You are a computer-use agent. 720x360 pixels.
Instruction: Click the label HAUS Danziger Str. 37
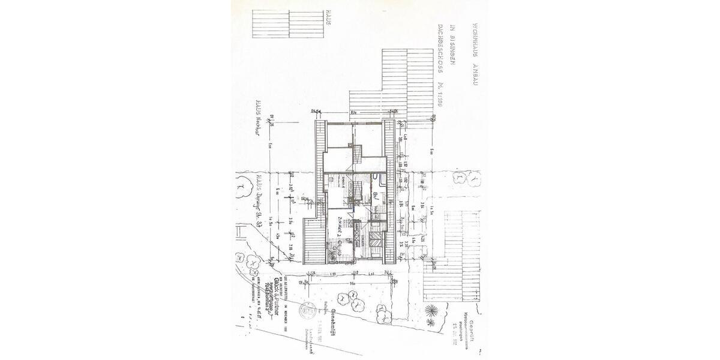tap(259, 199)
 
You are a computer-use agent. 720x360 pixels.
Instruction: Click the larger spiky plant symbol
tap(431, 311)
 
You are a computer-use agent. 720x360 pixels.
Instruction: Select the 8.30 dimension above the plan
tap(354, 112)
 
